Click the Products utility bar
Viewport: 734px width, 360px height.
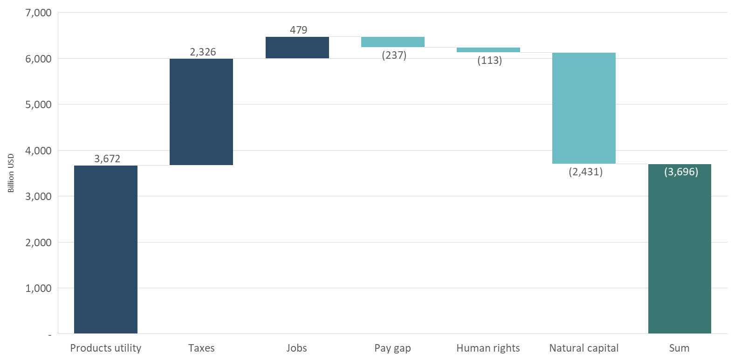106,249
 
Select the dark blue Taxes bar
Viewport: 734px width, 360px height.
201,112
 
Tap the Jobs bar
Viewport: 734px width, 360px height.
297,48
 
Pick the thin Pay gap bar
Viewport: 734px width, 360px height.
393,42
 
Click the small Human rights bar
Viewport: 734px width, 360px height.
488,50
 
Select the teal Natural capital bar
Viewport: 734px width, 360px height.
584,108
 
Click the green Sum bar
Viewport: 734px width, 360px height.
679,252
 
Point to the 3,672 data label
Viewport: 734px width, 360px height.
107,159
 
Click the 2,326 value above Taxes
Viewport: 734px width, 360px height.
203,52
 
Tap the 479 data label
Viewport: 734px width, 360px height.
299,30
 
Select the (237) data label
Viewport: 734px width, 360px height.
394,55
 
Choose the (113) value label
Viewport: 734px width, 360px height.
490,61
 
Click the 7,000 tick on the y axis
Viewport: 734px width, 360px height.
38,13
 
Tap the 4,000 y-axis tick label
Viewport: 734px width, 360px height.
38,151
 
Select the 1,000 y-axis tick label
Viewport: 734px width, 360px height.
38,288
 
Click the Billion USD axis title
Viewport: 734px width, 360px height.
11,173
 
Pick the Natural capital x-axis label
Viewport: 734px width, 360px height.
584,348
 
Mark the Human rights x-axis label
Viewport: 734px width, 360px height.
488,348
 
